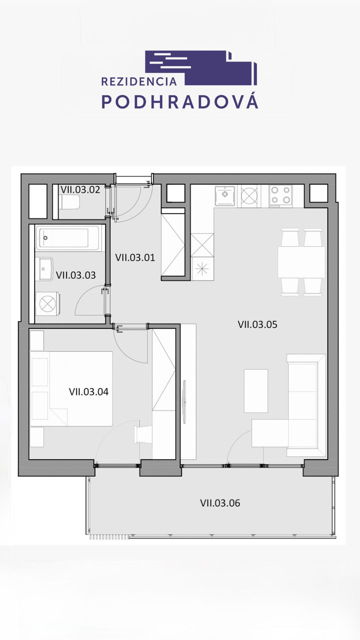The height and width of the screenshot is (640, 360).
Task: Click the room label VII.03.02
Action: pos(80,190)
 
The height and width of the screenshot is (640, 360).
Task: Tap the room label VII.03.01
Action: pos(135,257)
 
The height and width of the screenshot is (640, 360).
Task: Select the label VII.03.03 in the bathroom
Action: pos(76,275)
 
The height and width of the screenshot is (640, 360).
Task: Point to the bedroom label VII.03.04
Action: pos(89,391)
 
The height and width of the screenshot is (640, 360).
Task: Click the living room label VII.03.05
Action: pos(257,324)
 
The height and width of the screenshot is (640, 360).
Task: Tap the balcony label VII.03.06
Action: pos(220,503)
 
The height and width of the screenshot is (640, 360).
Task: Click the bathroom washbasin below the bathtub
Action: pos(46,269)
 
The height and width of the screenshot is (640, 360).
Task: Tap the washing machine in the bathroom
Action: pos(48,304)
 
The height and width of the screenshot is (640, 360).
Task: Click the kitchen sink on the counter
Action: pos(225,196)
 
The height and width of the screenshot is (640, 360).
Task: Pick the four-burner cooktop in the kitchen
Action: pos(281,195)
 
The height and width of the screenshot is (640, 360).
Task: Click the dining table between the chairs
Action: pos(301,262)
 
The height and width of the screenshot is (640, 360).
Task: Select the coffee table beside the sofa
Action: pos(256,391)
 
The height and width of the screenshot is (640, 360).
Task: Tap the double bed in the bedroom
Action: pos(71,388)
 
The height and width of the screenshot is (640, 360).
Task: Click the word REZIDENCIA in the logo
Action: pos(139,82)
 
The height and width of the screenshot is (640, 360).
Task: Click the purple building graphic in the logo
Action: pos(201,68)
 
